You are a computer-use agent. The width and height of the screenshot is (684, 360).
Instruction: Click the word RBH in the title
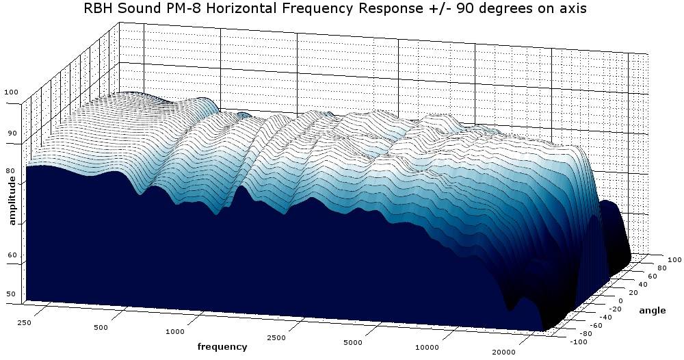(x=100, y=10)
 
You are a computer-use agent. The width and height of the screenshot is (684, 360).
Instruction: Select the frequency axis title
(x=222, y=346)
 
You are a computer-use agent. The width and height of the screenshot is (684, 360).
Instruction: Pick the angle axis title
(x=652, y=311)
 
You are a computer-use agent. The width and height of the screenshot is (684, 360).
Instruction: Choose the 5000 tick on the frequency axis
(x=353, y=342)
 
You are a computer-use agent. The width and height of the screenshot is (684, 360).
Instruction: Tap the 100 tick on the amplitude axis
(x=11, y=93)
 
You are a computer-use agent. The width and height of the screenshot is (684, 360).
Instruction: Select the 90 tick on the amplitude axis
(x=11, y=133)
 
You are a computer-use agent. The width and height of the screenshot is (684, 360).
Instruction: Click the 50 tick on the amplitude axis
(x=11, y=294)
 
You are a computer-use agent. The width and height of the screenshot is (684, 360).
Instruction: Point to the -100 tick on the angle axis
(x=560, y=341)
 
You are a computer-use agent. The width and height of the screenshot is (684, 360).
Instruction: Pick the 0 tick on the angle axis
(x=619, y=300)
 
